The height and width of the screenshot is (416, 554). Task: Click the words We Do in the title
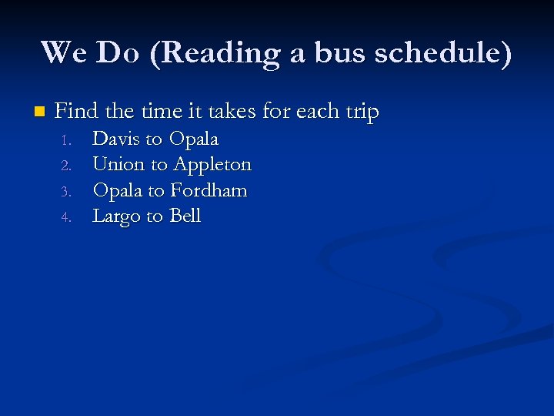pyautogui.click(x=89, y=53)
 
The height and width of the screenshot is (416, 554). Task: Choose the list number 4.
pyautogui.click(x=66, y=217)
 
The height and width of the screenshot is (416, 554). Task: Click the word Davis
pyautogui.click(x=116, y=139)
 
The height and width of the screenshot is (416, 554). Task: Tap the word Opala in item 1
pyautogui.click(x=194, y=140)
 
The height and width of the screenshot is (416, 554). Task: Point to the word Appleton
pyautogui.click(x=212, y=166)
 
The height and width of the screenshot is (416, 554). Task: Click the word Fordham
pyautogui.click(x=209, y=190)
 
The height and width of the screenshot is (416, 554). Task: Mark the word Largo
pyautogui.click(x=116, y=216)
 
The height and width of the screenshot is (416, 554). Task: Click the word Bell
pyautogui.click(x=185, y=216)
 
